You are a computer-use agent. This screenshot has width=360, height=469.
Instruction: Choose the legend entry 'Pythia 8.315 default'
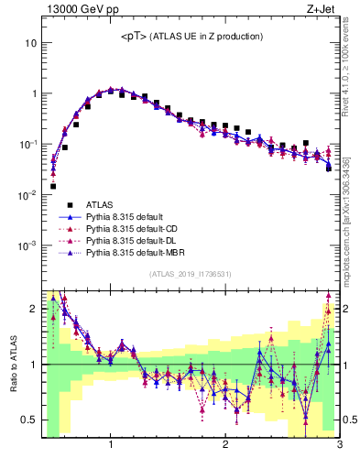click(128, 216)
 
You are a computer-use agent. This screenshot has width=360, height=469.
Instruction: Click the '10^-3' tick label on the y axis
click(27, 245)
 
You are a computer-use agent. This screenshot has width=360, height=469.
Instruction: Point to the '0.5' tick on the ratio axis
click(28, 420)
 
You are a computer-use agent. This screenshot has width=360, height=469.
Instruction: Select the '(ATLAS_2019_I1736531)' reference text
click(191, 274)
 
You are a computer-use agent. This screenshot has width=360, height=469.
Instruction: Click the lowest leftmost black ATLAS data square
click(53, 186)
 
